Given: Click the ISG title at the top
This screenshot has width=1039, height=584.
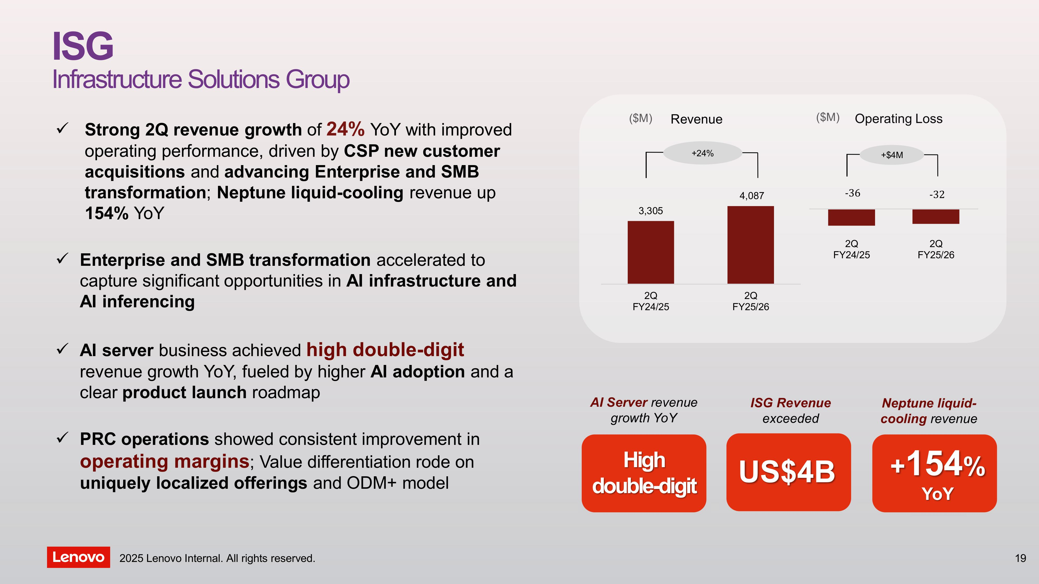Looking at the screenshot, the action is [83, 46].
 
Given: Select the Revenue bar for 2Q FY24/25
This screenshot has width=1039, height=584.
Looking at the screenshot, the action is [651, 252].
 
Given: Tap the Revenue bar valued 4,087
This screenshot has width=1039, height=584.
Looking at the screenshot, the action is [751, 245].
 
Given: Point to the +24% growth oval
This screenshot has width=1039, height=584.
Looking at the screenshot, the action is [703, 153].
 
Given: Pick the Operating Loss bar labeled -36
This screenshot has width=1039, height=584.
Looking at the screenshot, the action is [851, 217].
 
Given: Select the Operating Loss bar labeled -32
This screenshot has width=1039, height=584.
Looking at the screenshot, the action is [936, 216].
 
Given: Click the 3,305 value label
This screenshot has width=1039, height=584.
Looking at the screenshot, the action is [651, 211].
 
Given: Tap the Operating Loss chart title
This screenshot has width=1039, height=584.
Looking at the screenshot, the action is [899, 119].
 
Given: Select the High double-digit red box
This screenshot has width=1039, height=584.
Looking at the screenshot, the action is [644, 473].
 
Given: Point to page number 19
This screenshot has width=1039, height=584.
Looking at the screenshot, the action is [1021, 558].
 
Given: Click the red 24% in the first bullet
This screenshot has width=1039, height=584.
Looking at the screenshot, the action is [345, 129].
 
